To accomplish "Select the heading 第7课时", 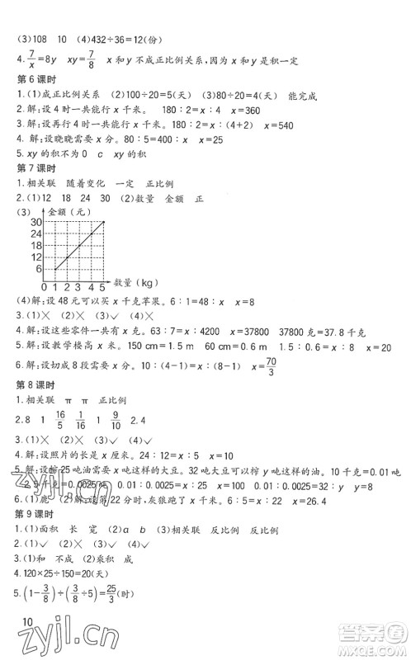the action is (34, 167).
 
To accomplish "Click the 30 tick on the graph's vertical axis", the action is (35, 221).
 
